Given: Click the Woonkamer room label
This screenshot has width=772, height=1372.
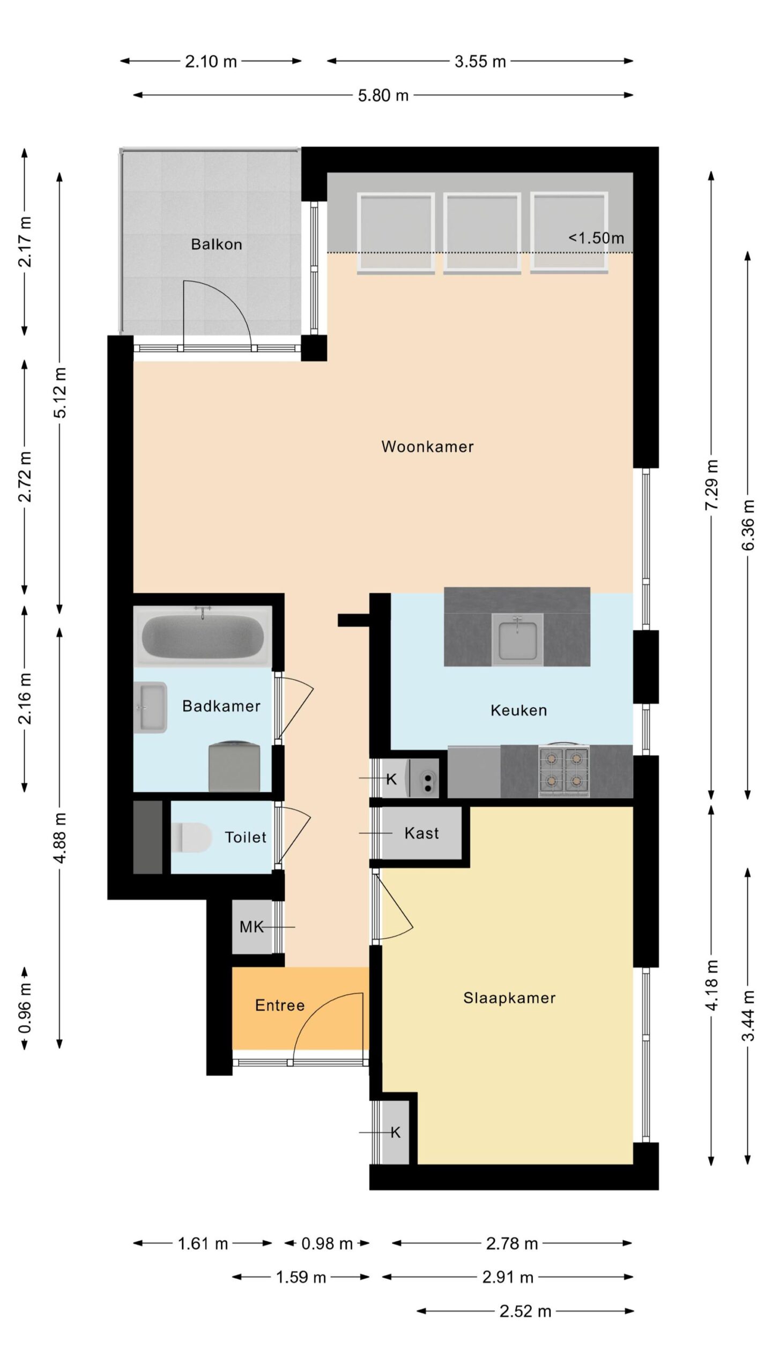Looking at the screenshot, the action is pos(427,446).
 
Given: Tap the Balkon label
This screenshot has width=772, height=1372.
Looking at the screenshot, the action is pos(217,244).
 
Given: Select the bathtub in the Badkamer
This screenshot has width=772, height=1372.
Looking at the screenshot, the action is pos(203,636).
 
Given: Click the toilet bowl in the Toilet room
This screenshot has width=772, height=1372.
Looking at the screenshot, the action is pos(194,837).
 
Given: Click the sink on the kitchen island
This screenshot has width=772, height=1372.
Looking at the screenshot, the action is pos(517,639).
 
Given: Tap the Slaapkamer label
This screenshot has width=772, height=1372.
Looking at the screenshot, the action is pos(509,998).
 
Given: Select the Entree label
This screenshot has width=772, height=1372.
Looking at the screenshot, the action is pos(280,1005).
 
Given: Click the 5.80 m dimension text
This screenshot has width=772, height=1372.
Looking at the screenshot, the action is pos(383,95).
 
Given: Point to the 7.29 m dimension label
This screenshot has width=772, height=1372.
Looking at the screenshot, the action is pos(711,484).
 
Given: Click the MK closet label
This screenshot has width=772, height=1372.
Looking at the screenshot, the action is pos(251,927).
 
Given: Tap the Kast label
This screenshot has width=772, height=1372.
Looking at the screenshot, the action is pos(422,833).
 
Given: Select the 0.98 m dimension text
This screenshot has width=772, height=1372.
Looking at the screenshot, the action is pos(327,1243).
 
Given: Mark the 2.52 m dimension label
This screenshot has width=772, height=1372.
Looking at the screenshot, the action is pos(525,1311).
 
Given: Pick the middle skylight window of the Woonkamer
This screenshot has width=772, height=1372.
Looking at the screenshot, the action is pos(482,234).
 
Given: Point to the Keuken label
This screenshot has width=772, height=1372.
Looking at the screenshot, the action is pos(519,710).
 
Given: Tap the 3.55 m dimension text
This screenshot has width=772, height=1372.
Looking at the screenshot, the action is pos(480,62).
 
